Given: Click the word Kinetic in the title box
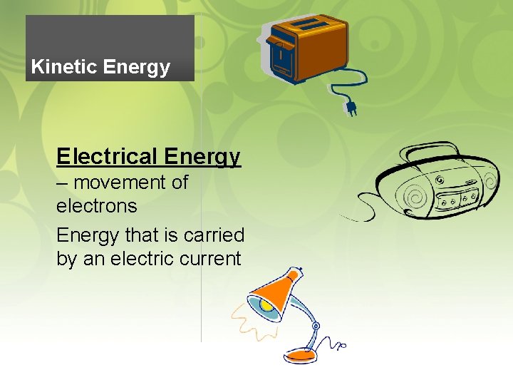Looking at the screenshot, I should (64, 68).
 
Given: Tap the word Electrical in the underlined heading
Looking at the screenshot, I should (107, 155).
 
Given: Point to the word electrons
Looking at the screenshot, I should (97, 206).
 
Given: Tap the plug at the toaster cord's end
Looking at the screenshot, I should (350, 108).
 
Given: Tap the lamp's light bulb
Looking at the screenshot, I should (264, 305).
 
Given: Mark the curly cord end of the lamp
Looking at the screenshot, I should (340, 347).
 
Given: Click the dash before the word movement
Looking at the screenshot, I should (62, 183).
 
